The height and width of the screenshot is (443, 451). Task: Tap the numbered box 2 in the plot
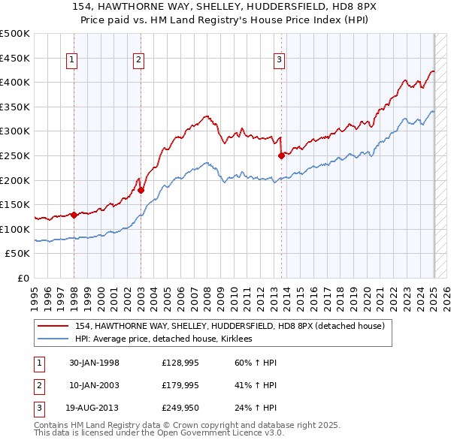tap(139, 61)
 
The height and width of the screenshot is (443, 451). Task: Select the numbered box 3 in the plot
tap(279, 61)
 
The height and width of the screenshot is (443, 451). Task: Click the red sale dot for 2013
tap(281, 156)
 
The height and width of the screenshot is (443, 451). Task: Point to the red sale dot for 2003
tap(141, 190)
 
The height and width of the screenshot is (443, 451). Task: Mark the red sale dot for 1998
tap(74, 215)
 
